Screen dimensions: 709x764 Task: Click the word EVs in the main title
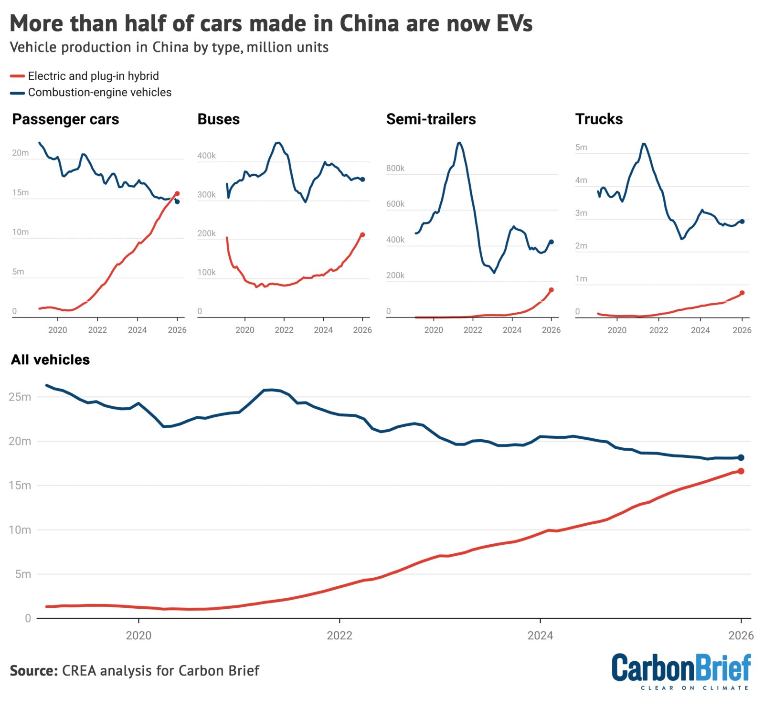point(514,23)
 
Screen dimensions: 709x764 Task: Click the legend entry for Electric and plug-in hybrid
point(93,76)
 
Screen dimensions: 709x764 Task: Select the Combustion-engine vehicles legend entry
point(99,92)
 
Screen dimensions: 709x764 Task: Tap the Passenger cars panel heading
point(65,119)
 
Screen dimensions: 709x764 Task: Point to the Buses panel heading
point(218,119)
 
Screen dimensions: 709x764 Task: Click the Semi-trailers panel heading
point(431,119)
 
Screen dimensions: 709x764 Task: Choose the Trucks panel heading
point(599,119)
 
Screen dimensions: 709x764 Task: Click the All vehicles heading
point(50,360)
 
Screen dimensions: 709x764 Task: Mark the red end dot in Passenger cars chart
point(177,193)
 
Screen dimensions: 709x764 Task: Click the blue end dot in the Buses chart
point(362,179)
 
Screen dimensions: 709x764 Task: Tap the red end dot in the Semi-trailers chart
point(551,290)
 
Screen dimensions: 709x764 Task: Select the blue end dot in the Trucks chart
point(742,221)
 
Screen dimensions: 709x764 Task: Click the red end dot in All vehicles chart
point(741,471)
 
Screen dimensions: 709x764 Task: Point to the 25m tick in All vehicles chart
point(20,397)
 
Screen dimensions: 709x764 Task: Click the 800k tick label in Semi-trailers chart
point(395,168)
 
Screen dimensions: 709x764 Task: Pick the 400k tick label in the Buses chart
point(206,156)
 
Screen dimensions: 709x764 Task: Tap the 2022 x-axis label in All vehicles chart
point(340,635)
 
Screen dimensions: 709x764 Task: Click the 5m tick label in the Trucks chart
point(581,147)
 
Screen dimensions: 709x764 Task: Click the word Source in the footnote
point(33,670)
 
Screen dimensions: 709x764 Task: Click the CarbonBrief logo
point(681,671)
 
